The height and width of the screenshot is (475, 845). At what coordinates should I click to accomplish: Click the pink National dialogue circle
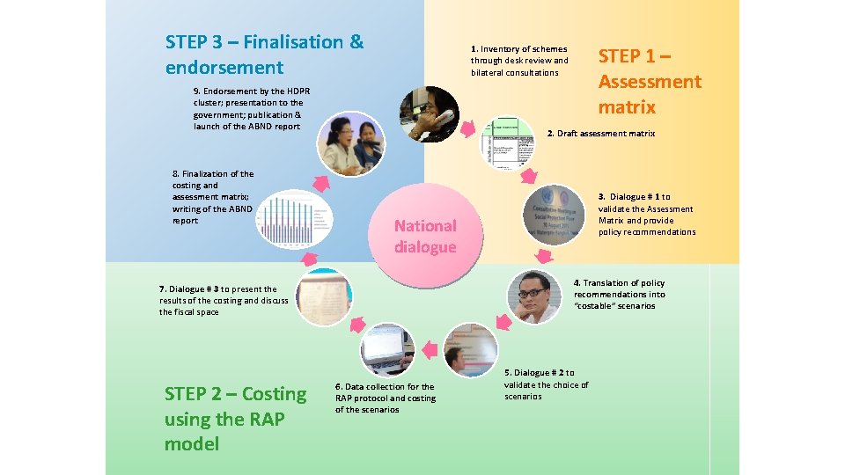coord(425,236)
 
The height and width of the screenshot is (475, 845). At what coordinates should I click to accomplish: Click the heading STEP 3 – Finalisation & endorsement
coord(264,55)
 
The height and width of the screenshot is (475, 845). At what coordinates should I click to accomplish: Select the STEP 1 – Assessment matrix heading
coord(650,82)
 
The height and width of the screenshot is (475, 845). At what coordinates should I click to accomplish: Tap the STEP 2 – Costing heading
coord(235,419)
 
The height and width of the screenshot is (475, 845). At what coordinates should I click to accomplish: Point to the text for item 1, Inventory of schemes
coord(519,61)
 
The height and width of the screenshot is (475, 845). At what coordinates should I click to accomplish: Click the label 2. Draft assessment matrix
coord(601,134)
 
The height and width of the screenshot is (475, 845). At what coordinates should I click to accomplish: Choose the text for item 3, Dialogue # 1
coord(646,215)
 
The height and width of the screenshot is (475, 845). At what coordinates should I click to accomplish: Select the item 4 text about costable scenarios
coord(619,295)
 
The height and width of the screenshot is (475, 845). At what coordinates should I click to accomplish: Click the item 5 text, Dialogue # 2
coord(546,384)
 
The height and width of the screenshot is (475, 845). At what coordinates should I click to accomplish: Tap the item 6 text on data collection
coord(385,398)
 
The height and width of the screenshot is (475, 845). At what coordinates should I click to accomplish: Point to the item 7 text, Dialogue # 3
coord(224,300)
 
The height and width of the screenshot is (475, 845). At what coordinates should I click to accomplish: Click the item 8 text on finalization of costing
coord(212,197)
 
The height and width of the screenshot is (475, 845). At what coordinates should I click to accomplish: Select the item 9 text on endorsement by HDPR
coord(252,108)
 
